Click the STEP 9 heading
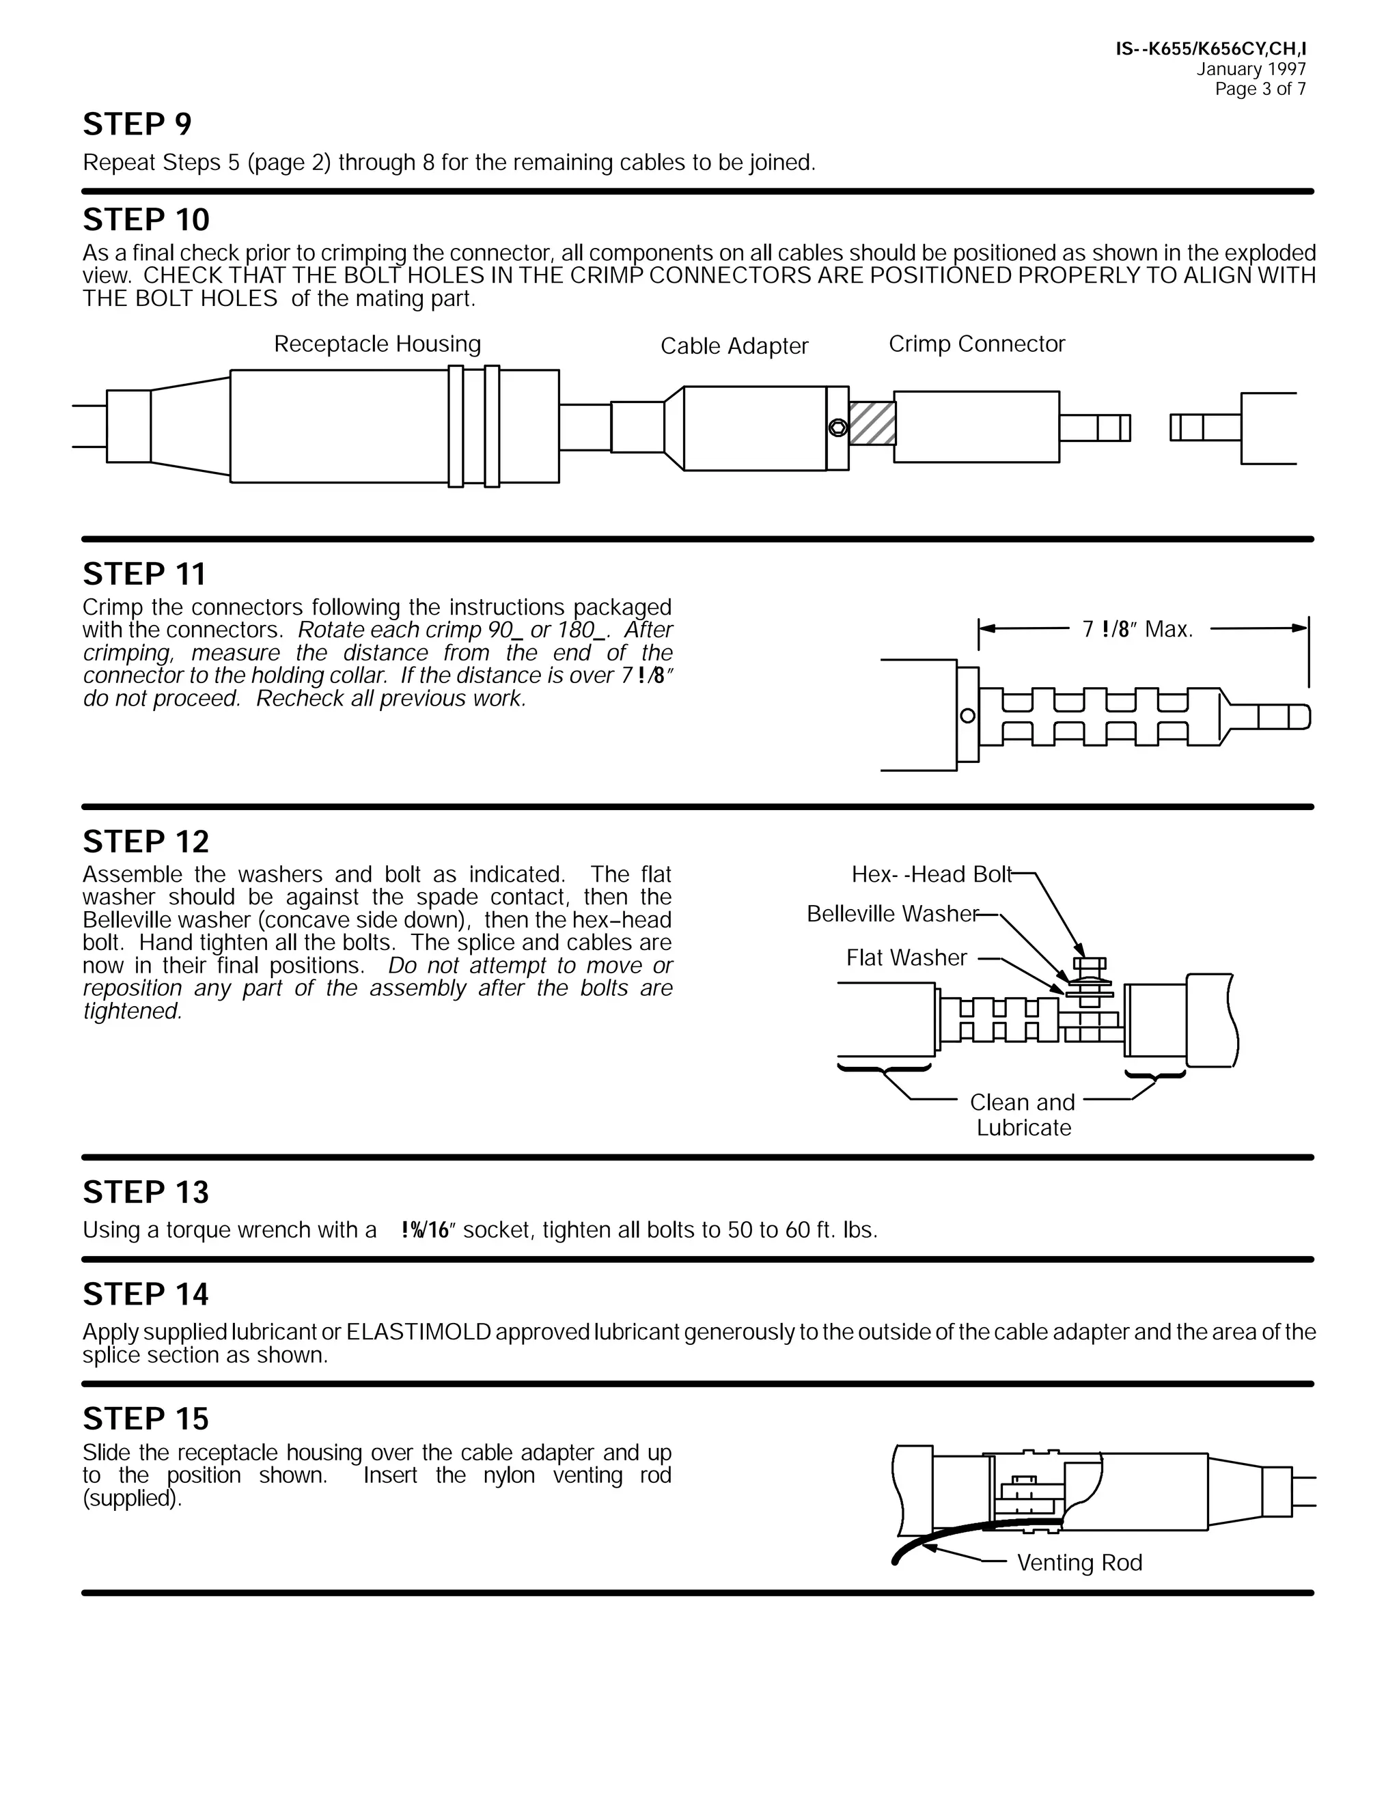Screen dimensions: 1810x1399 137,124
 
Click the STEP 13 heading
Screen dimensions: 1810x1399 146,1192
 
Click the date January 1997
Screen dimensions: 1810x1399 1251,70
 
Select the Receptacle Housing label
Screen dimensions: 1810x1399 377,344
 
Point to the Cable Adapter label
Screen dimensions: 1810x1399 734,346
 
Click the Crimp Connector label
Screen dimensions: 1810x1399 976,344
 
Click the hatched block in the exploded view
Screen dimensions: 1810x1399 872,423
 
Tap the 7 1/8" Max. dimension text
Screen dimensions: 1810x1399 1137,630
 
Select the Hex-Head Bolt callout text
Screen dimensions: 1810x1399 932,874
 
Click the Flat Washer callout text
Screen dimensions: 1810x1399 906,958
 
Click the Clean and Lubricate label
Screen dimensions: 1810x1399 1023,1115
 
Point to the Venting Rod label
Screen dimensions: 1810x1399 1079,1563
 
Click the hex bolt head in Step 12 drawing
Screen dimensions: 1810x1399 1089,964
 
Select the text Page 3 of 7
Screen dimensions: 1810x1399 1260,89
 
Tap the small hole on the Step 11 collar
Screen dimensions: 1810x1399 967,716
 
